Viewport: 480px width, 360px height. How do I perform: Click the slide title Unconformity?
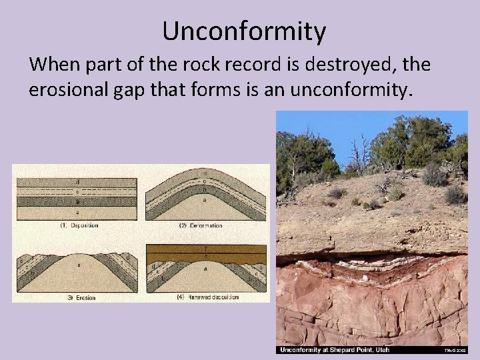243,31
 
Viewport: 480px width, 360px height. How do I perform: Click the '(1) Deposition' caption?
75,225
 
